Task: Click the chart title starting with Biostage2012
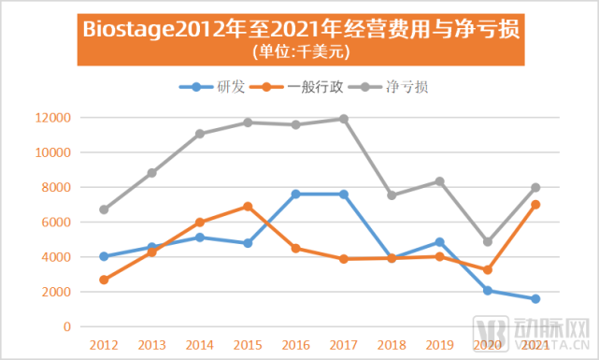coord(300,28)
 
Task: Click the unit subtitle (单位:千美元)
coord(299,50)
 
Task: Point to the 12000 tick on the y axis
coord(55,118)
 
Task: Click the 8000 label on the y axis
coord(58,187)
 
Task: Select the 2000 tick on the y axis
coord(58,292)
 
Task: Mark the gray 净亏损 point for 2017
coord(344,119)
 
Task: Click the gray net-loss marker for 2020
coord(488,241)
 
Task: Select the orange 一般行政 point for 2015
coord(248,207)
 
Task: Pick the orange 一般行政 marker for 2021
coord(535,205)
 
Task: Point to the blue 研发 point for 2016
coord(295,194)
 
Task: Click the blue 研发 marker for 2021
coord(535,299)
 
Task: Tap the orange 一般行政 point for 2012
coord(104,280)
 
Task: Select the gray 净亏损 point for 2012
coord(104,209)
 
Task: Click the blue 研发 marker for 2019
coord(439,242)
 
